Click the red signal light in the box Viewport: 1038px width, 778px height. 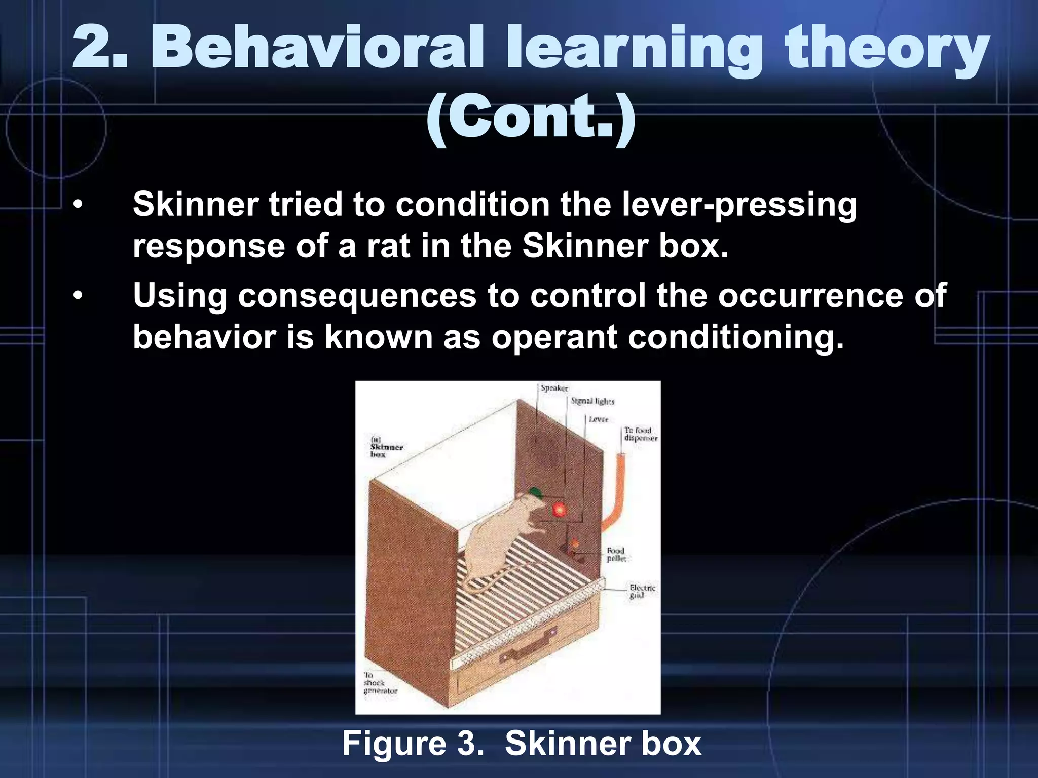click(x=559, y=509)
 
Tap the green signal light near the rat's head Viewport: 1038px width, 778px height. click(x=535, y=491)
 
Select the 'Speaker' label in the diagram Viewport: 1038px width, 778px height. click(x=554, y=388)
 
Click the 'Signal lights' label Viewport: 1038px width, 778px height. click(x=592, y=401)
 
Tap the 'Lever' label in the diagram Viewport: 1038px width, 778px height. click(x=598, y=419)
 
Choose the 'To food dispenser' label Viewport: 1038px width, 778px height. click(x=640, y=434)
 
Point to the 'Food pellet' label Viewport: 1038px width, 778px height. click(x=616, y=554)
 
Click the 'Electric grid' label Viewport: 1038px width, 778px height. click(x=642, y=591)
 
